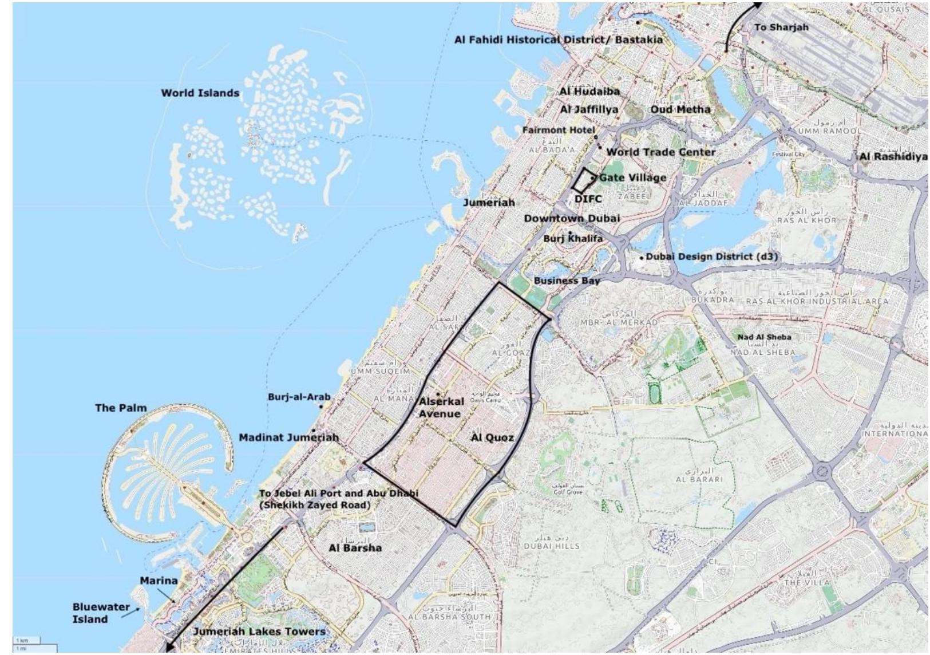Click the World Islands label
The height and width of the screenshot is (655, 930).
pos(200,93)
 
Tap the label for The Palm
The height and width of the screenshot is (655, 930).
pos(121,408)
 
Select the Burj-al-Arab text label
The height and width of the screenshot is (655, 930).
pos(299,397)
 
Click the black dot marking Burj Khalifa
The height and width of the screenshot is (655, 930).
pos(570,233)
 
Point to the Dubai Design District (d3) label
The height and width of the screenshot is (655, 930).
pos(711,257)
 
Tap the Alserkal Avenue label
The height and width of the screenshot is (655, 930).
pos(441,408)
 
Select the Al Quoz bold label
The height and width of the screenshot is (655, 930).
pos(492,438)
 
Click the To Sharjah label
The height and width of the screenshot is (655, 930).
pos(781,27)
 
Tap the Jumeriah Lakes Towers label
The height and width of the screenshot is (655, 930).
pos(259,632)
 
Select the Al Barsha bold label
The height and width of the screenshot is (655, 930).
pos(355,548)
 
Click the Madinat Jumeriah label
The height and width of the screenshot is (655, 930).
pos(288,437)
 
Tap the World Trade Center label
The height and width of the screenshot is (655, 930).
pos(660,152)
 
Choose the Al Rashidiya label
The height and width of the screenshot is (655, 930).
pos(893,157)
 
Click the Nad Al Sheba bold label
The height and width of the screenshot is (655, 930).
pos(764,337)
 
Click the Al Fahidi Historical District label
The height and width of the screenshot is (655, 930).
pos(558,40)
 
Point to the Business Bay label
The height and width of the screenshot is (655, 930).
pos(567,281)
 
